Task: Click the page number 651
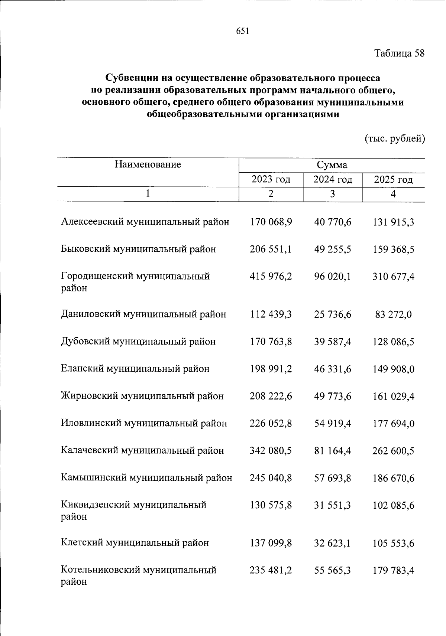click(x=242, y=32)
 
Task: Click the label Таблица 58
click(x=399, y=53)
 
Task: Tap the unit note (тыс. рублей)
click(x=394, y=138)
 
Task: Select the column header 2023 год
click(x=271, y=180)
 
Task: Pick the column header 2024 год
click(x=332, y=180)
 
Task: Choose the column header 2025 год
click(x=393, y=180)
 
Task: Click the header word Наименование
click(x=148, y=164)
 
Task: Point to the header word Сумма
click(x=332, y=165)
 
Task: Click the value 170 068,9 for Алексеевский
click(x=271, y=222)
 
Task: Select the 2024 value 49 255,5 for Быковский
click(x=332, y=249)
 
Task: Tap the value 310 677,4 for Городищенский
click(x=393, y=277)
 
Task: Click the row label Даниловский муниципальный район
click(x=143, y=314)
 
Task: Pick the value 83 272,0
click(x=393, y=314)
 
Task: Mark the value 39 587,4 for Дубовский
click(x=332, y=342)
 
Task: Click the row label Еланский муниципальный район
click(x=135, y=369)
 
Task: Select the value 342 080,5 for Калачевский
click(x=271, y=451)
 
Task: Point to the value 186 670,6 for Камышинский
click(x=393, y=478)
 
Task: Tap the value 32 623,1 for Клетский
click(x=332, y=543)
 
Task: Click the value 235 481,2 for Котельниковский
click(x=271, y=570)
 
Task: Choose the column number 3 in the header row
click(x=332, y=194)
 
